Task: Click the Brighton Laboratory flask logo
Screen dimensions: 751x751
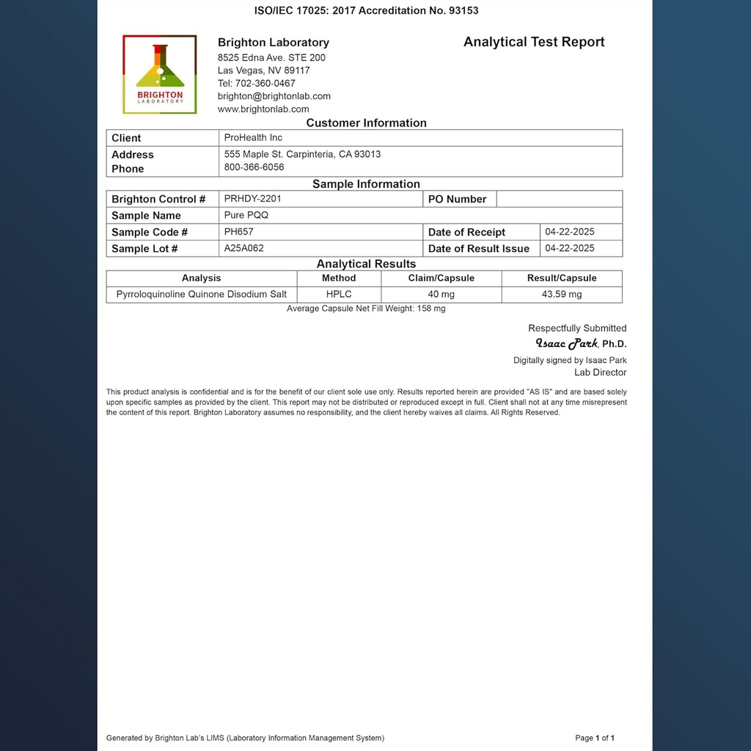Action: (x=160, y=74)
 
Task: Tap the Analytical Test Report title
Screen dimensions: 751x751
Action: (x=534, y=42)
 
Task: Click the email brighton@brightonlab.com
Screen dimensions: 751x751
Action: (x=274, y=96)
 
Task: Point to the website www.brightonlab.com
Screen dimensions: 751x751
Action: (x=263, y=109)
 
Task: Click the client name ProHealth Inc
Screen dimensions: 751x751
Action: (x=253, y=138)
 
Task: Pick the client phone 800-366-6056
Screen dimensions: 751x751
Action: (x=254, y=167)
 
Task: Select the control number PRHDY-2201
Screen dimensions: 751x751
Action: (x=252, y=199)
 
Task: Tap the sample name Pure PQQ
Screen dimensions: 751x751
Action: (x=246, y=216)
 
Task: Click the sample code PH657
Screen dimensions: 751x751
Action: (x=238, y=232)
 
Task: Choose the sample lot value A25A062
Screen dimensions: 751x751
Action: (x=243, y=249)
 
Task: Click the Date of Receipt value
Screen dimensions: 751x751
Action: (x=569, y=232)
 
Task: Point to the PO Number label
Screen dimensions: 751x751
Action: (x=457, y=199)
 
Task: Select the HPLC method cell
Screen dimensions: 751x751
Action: (x=339, y=295)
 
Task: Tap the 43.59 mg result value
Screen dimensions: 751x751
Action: (x=562, y=295)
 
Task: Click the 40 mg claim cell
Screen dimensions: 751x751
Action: (x=442, y=295)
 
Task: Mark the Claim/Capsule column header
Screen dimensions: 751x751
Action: (x=442, y=279)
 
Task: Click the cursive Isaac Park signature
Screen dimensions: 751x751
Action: (x=566, y=343)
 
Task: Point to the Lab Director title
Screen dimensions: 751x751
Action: (x=600, y=373)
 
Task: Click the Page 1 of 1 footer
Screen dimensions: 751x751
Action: (x=595, y=738)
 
